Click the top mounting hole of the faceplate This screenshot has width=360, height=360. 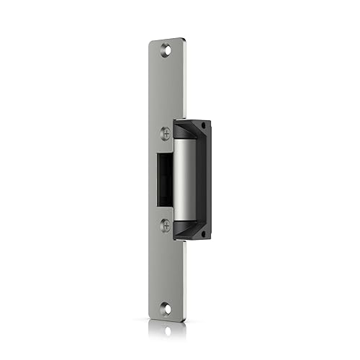click(x=167, y=50)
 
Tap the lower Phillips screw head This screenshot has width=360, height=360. click(x=166, y=225)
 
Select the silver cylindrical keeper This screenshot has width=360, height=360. click(x=184, y=179)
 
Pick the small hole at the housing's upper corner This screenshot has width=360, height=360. click(x=203, y=127)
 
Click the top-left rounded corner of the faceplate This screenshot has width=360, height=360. click(x=152, y=43)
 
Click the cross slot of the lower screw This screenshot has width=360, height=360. click(x=166, y=225)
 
